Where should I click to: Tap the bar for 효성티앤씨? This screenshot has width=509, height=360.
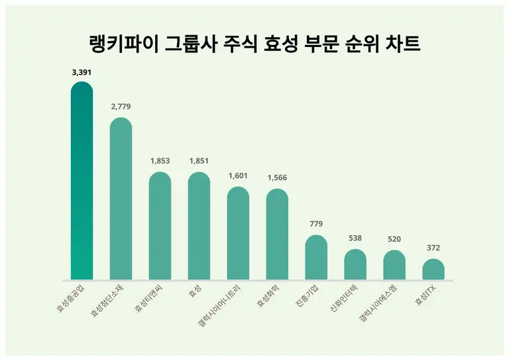[160, 226]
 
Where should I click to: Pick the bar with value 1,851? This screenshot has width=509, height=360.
[199, 226]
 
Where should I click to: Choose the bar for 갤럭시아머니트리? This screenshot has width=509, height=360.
[238, 233]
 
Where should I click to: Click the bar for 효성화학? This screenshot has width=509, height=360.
[277, 235]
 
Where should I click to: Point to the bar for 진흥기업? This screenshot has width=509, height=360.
[316, 257]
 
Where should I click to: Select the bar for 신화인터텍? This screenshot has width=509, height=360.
[355, 265]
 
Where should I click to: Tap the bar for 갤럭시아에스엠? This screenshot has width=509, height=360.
[394, 265]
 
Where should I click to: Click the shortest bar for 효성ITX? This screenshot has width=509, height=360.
[433, 269]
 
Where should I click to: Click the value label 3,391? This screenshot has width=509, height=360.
[82, 73]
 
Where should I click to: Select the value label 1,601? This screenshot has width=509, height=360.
[238, 176]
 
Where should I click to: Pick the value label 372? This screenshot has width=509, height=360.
[433, 248]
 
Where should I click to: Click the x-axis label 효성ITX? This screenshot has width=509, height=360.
[425, 294]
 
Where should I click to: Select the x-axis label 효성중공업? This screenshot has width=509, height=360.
[70, 298]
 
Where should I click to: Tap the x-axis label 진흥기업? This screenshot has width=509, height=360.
[306, 296]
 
